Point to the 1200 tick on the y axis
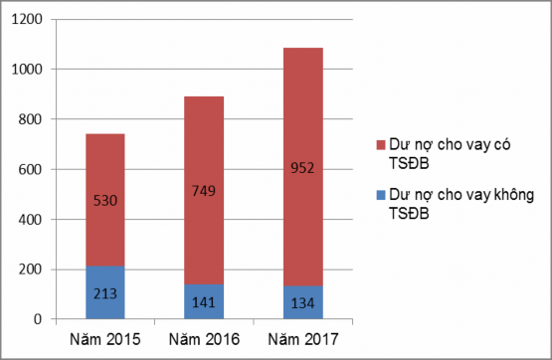(31, 20)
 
